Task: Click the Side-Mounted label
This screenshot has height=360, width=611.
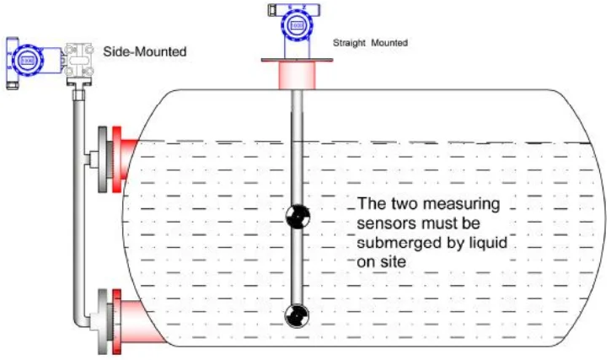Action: (144, 52)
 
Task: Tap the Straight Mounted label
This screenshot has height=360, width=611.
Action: (371, 42)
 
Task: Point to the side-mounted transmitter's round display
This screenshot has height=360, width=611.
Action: (27, 61)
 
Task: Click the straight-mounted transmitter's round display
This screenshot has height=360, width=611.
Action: (297, 26)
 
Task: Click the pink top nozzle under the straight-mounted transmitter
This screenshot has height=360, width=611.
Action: (297, 75)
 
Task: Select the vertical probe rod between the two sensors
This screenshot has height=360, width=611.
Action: (296, 266)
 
